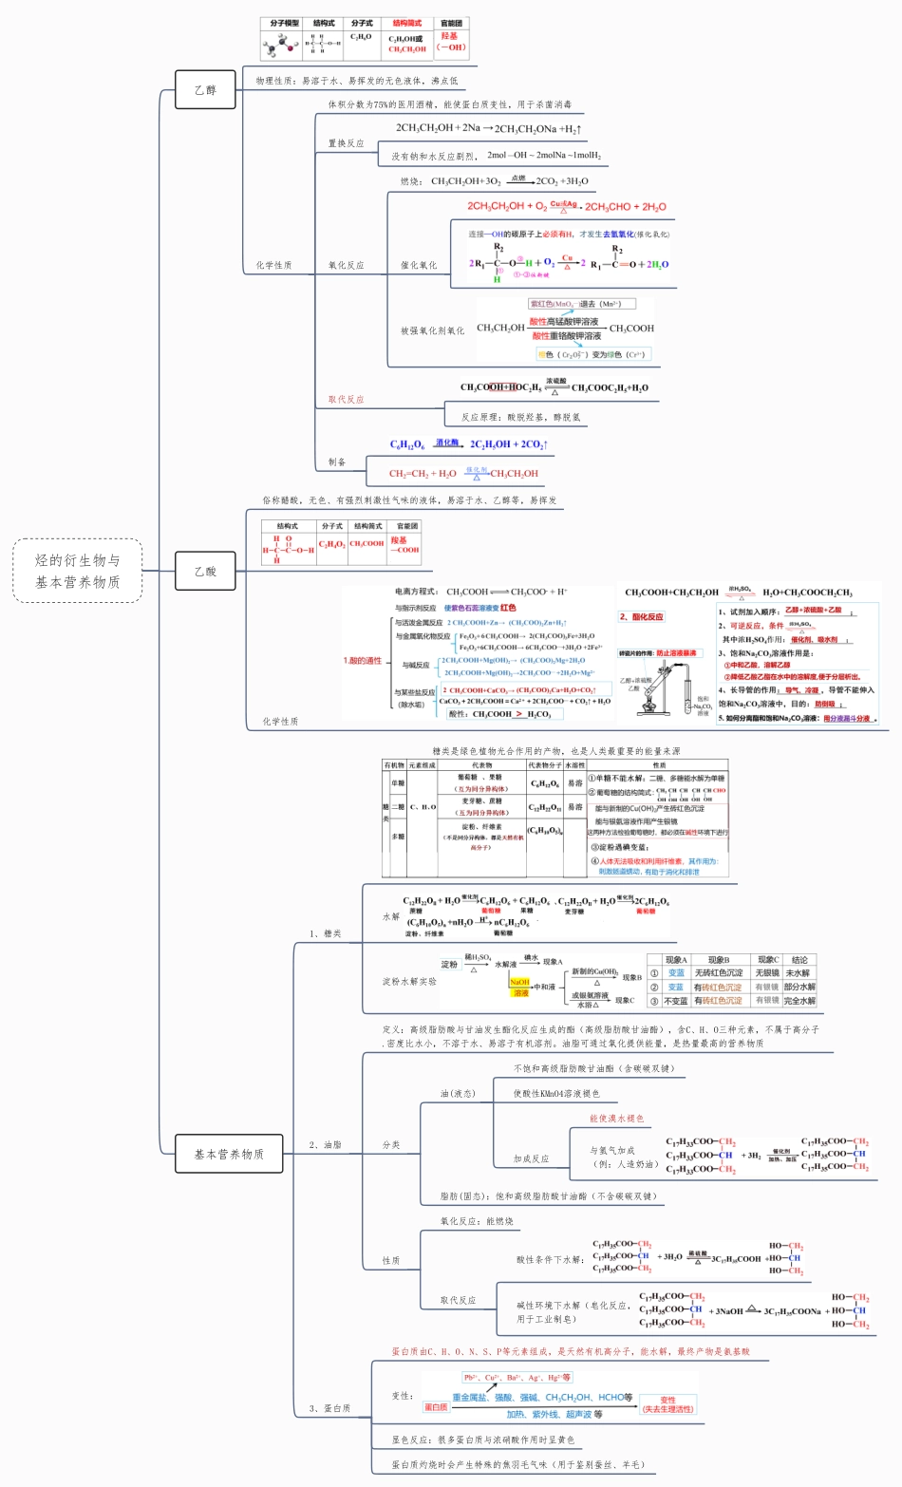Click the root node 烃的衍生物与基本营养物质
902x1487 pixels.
tap(78, 571)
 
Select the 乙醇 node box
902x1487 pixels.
tap(205, 90)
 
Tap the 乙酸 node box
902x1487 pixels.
tap(205, 572)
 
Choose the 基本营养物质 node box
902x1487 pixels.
tap(229, 1154)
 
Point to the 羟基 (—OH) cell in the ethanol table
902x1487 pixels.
tap(450, 42)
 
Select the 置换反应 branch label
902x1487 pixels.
tap(346, 143)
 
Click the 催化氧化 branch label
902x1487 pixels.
tap(419, 266)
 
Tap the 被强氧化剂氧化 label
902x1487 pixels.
tap(432, 330)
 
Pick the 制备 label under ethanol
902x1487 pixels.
tap(337, 462)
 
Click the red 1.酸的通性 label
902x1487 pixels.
tap(362, 660)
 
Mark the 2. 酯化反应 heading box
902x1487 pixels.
tap(642, 617)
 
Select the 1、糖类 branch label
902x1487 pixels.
tap(325, 933)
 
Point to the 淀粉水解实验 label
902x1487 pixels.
tap(409, 981)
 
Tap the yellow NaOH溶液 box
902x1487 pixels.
tap(520, 988)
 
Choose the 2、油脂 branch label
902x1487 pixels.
tap(325, 1145)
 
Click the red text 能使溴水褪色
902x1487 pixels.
tap(616, 1119)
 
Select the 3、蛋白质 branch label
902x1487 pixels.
tap(329, 1408)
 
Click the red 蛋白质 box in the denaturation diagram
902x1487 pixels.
tap(435, 1407)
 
